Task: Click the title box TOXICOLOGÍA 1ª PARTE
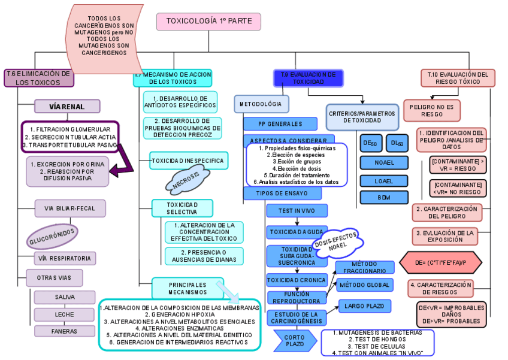pyautogui.click(x=208, y=21)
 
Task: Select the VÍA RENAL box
pyautogui.click(x=66, y=107)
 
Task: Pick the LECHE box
pyautogui.click(x=65, y=314)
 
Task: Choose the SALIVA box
pyautogui.click(x=65, y=297)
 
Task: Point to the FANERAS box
pyautogui.click(x=65, y=331)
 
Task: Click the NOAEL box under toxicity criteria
pyautogui.click(x=383, y=163)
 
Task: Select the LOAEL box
pyautogui.click(x=383, y=180)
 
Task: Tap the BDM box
pyautogui.click(x=383, y=197)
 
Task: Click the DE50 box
pyautogui.click(x=370, y=144)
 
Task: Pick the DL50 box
pyautogui.click(x=397, y=144)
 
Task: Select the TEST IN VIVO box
pyautogui.click(x=297, y=211)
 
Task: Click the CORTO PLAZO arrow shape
pyautogui.click(x=294, y=341)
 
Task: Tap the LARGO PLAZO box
pyautogui.click(x=364, y=306)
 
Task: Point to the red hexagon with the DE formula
pyautogui.click(x=440, y=262)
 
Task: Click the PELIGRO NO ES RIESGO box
pyautogui.click(x=431, y=110)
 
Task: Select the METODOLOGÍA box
pyautogui.click(x=261, y=104)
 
